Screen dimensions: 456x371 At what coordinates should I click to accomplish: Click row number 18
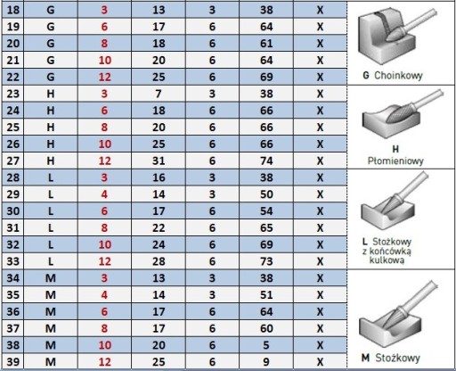[x=13, y=10]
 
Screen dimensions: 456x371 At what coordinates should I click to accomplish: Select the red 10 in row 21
[x=104, y=61]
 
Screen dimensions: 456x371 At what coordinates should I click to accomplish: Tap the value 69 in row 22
[x=266, y=77]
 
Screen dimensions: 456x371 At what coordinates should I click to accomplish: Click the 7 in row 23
[x=159, y=94]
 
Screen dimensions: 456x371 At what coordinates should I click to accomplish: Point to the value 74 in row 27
[x=266, y=161]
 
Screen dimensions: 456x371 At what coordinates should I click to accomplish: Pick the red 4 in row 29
[x=104, y=194]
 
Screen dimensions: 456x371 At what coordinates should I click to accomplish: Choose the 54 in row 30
[x=266, y=211]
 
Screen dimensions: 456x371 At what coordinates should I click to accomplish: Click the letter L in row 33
[x=51, y=261]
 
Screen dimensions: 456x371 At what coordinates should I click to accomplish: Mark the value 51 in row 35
[x=266, y=295]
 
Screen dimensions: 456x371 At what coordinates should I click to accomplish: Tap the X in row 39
[x=320, y=362]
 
